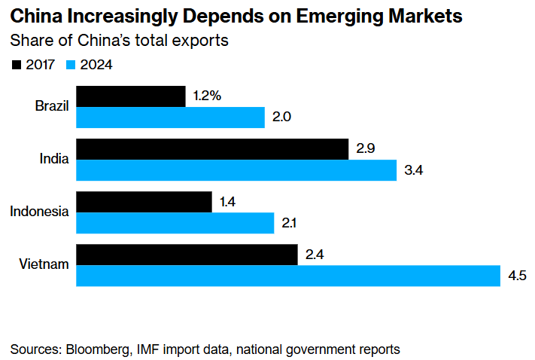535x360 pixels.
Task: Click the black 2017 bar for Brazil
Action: (131, 96)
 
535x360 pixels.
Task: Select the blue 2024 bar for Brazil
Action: (171, 117)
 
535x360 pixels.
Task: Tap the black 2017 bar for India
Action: (212, 149)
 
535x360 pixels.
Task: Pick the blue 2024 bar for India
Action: (236, 170)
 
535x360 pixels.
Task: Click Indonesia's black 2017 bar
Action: (144, 202)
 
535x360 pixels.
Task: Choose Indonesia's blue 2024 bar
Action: (175, 223)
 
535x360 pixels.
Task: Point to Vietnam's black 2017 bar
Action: (187, 255)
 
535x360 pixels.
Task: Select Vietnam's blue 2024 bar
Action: (288, 276)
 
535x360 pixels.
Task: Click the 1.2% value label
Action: (207, 96)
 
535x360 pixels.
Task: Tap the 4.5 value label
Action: (517, 276)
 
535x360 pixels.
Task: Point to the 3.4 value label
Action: (414, 170)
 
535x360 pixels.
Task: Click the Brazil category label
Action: (52, 106)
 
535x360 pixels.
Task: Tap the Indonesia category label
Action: (40, 212)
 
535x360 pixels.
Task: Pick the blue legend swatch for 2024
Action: (70, 66)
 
